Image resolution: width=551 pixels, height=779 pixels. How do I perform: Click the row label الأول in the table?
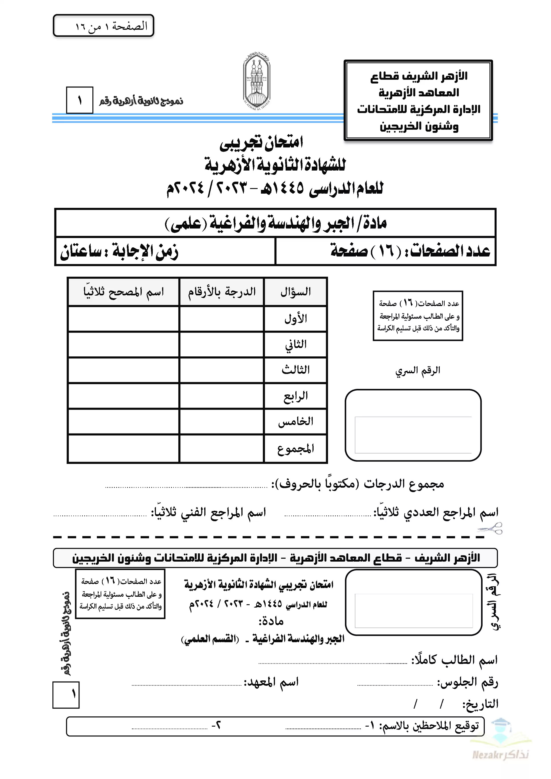click(295, 319)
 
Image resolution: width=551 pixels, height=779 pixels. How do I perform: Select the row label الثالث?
click(295, 370)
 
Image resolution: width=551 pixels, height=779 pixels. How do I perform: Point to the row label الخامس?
click(295, 421)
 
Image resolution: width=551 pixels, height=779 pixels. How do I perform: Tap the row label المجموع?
click(295, 449)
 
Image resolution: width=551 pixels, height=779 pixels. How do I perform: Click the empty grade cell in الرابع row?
click(222, 396)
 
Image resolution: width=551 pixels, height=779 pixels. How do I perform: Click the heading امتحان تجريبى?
click(261, 143)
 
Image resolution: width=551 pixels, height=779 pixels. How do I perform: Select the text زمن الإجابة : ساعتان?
click(119, 251)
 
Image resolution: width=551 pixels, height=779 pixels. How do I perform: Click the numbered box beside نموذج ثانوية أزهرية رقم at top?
click(79, 100)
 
